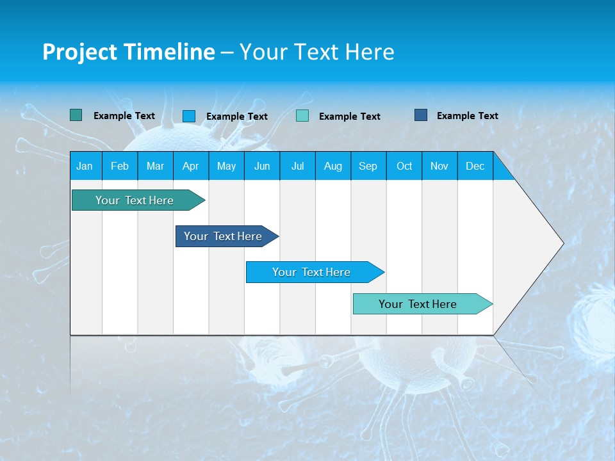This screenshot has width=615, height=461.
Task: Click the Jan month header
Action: click(x=85, y=166)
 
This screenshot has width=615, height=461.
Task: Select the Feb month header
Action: click(x=120, y=166)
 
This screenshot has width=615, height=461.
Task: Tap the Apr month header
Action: click(x=190, y=166)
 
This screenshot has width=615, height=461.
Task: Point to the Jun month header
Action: click(x=262, y=166)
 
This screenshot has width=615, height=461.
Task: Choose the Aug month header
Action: click(x=332, y=166)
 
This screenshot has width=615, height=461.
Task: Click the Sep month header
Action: click(x=368, y=166)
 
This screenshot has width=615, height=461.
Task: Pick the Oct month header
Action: click(x=404, y=166)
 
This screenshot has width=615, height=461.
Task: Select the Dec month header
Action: click(x=475, y=166)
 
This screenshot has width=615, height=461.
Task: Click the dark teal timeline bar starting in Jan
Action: click(x=135, y=200)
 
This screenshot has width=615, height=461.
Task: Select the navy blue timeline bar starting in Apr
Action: click(x=224, y=236)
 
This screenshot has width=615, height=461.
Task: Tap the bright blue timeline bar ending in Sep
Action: click(x=312, y=272)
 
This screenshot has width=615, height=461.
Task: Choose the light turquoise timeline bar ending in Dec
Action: click(x=418, y=304)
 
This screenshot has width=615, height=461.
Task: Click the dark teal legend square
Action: click(x=76, y=115)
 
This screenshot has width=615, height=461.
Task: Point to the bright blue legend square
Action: click(x=189, y=116)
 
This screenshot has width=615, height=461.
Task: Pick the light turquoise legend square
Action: click(x=302, y=116)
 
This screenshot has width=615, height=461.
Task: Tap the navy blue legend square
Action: click(x=421, y=115)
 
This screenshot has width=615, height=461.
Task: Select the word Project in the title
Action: click(x=79, y=52)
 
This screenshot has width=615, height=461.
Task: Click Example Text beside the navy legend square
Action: click(x=467, y=116)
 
